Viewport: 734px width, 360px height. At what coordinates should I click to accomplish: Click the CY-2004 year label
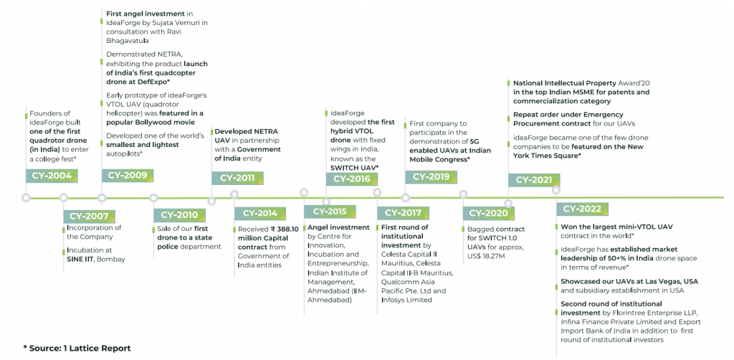coord(52,176)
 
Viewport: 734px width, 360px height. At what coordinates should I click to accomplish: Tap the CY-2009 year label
coord(127,176)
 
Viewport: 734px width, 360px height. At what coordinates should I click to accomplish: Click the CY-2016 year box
coord(352,179)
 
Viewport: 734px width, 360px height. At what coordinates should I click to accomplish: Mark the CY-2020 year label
coord(490,214)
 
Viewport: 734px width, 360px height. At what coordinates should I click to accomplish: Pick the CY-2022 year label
coord(582,209)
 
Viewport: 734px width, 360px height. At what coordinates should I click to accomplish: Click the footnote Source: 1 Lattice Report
coord(77,348)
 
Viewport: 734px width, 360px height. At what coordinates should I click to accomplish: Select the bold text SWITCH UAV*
coord(354,166)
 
